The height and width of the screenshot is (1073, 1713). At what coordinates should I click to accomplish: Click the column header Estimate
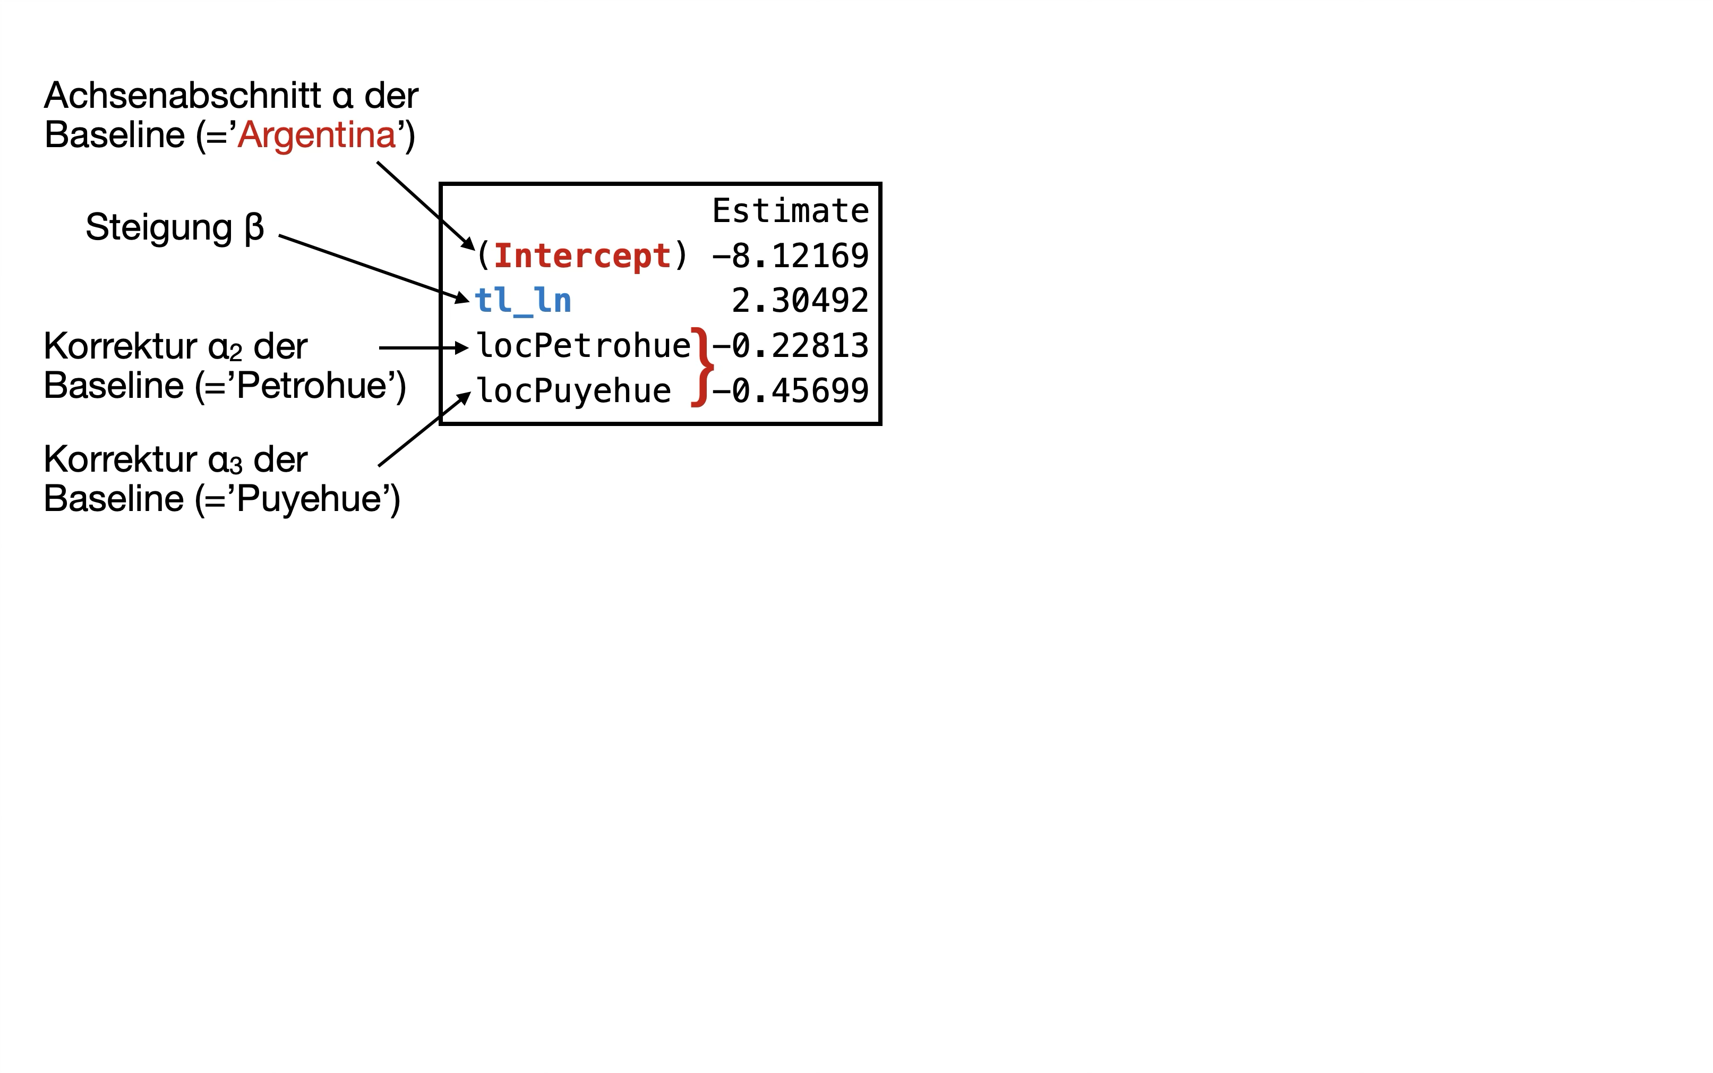tap(790, 211)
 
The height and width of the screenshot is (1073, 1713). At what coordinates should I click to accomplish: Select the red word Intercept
tap(581, 256)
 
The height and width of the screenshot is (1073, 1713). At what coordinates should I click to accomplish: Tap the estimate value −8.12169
tap(790, 256)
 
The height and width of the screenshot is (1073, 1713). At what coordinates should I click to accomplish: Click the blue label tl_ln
tap(523, 300)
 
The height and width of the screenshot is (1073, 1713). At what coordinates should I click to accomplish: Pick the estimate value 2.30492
tap(799, 301)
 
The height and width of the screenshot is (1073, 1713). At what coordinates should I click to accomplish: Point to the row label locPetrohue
tap(583, 346)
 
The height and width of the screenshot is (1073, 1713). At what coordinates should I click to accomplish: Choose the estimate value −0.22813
tap(790, 346)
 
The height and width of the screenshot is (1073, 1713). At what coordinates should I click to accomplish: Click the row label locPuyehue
tap(573, 391)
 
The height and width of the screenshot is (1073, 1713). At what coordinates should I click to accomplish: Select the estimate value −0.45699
tap(790, 391)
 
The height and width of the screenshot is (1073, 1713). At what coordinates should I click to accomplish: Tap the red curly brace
tap(702, 368)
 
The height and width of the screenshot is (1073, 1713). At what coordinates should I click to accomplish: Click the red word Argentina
tap(316, 135)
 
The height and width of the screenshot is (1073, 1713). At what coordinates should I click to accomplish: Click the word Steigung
tap(159, 227)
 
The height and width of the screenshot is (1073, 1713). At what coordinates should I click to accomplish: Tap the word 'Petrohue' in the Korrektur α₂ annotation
tap(312, 386)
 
